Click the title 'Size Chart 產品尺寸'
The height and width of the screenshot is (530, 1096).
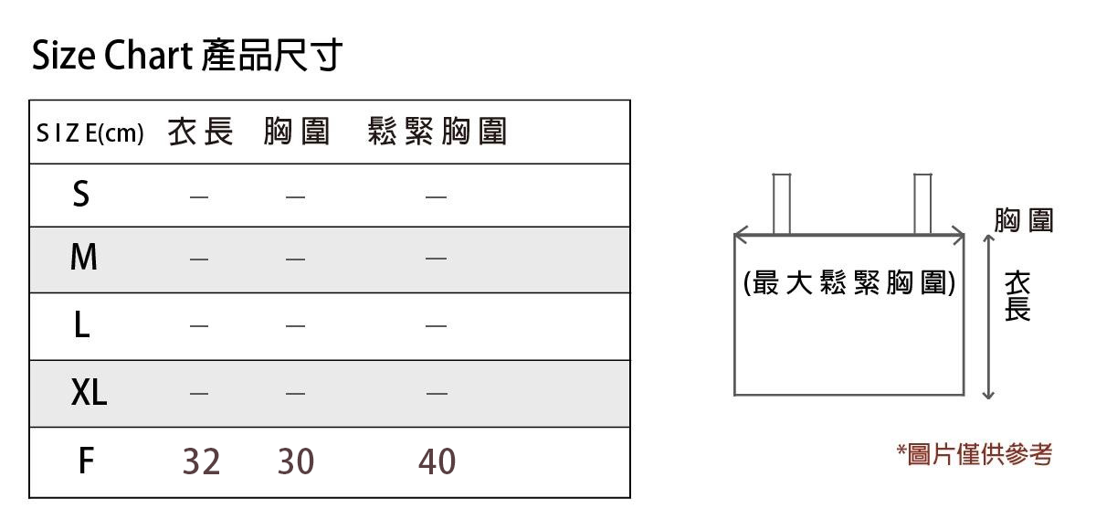click(x=186, y=57)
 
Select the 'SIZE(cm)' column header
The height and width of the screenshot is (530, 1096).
click(x=90, y=133)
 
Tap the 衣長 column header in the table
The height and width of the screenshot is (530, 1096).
click(x=201, y=132)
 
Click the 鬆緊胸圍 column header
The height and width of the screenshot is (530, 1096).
click(x=437, y=132)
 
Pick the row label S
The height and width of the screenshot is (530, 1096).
click(x=81, y=195)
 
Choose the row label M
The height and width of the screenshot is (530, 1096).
click(x=83, y=259)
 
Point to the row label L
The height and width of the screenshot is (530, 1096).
click(x=81, y=325)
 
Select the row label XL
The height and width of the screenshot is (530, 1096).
click(x=89, y=393)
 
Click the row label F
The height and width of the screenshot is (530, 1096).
click(x=85, y=461)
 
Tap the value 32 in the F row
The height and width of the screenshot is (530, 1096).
click(x=201, y=462)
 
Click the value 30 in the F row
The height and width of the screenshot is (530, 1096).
click(x=295, y=462)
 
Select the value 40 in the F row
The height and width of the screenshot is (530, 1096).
click(x=437, y=462)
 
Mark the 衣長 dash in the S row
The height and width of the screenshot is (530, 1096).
click(x=200, y=196)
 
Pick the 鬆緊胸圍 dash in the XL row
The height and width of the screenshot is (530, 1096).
click(x=437, y=394)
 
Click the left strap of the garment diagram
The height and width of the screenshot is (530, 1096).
click(x=781, y=203)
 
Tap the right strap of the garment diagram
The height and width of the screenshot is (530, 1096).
click(x=922, y=203)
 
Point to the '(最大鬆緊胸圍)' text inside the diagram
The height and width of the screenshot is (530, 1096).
click(x=849, y=284)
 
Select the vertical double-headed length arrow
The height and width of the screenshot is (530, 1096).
click(x=987, y=316)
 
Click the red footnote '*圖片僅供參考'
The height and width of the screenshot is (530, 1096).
click(x=975, y=454)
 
